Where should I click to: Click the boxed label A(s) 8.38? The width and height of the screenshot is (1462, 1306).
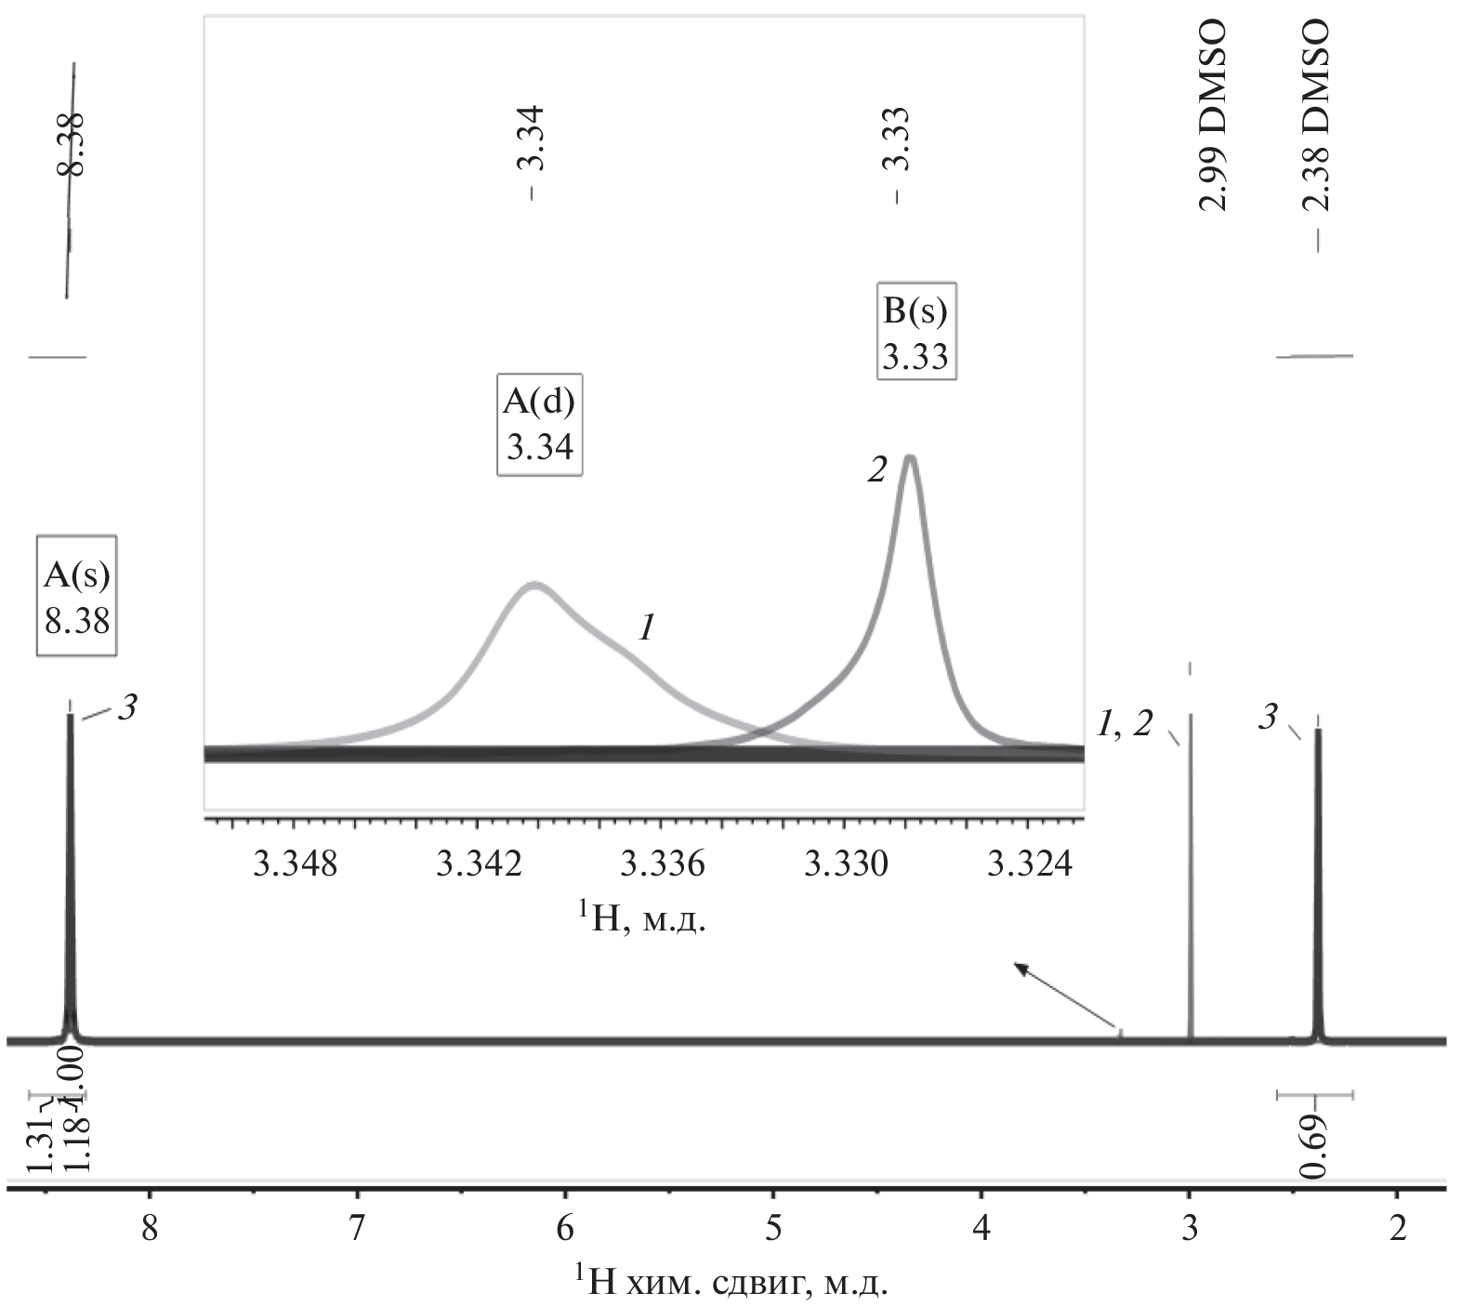point(77,596)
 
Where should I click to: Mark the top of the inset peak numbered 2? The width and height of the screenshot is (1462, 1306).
point(910,457)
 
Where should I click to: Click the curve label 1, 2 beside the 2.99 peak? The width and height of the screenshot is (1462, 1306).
point(1124,723)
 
